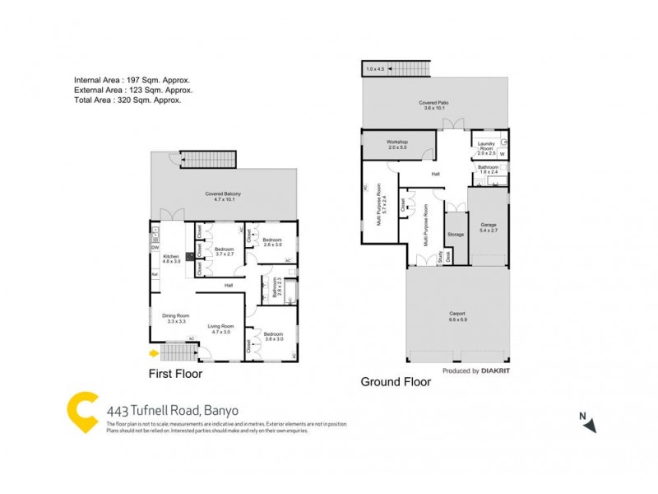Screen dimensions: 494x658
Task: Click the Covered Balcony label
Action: click(223, 196)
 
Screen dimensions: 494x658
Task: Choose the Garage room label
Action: click(489, 226)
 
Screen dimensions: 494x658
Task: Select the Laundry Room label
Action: click(487, 148)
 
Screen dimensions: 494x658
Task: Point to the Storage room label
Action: click(456, 235)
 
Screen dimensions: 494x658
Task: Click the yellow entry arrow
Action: click(153, 354)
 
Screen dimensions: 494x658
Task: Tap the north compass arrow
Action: click(590, 425)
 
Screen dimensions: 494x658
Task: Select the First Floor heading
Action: click(174, 374)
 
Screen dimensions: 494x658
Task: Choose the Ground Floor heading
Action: click(396, 382)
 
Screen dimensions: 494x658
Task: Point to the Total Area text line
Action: click(127, 100)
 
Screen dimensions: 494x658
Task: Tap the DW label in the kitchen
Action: click(154, 248)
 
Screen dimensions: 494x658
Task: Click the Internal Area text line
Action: click(132, 80)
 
